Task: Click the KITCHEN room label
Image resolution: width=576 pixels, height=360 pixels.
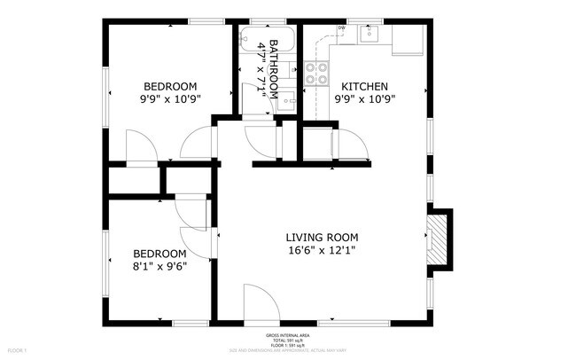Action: (x=363, y=86)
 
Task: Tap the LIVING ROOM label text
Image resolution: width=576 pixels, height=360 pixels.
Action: (x=322, y=237)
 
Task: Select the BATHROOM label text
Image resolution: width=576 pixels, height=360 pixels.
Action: (x=274, y=69)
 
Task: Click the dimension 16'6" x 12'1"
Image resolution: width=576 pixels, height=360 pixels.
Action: (x=322, y=251)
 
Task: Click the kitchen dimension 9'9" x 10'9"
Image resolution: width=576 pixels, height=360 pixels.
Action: (x=363, y=99)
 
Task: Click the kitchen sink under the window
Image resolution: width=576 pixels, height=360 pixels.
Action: (x=369, y=35)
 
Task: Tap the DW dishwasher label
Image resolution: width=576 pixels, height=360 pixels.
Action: (x=341, y=27)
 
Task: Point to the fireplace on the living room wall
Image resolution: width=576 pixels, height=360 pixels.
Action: (x=438, y=237)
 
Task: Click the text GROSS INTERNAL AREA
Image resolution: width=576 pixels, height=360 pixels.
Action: (x=287, y=335)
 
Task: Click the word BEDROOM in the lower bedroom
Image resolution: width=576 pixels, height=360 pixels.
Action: (x=157, y=251)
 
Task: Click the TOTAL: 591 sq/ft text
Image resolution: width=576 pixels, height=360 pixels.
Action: (x=287, y=340)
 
